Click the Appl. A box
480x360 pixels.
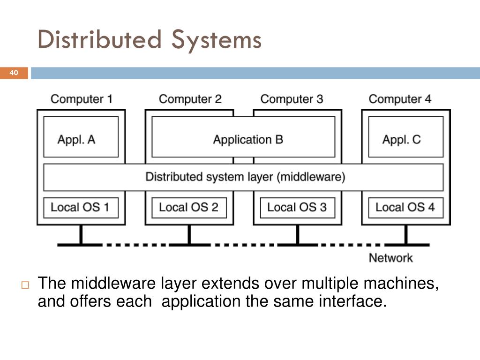click(x=81, y=136)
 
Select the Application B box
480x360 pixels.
click(x=243, y=136)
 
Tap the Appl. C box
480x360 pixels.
click(x=405, y=136)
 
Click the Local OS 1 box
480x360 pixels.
click(x=81, y=208)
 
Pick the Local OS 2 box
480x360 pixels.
click(x=189, y=208)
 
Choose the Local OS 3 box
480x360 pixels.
click(x=298, y=208)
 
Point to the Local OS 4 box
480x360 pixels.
click(x=405, y=208)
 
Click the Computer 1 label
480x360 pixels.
click(x=82, y=99)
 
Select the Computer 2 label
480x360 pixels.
click(x=190, y=99)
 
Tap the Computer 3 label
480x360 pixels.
click(x=292, y=99)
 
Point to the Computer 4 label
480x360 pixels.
click(x=400, y=99)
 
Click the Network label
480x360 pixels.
click(x=390, y=258)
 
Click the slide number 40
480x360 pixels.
click(x=14, y=73)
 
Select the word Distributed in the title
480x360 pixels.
click(x=99, y=39)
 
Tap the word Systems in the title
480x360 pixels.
click(x=217, y=41)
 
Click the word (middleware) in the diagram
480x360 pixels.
click(x=311, y=177)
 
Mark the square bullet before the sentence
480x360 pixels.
click(x=25, y=285)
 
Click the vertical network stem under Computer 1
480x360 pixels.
click(x=81, y=234)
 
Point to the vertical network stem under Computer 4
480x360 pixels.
click(x=406, y=234)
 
